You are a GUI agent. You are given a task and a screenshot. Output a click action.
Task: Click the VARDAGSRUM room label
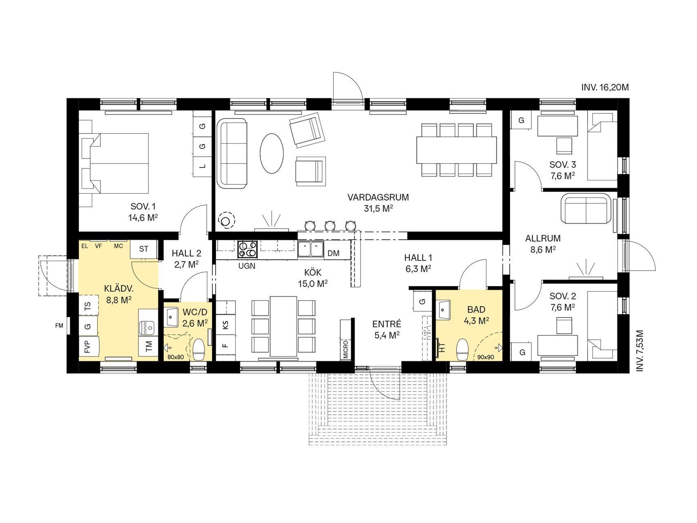coord(378,197)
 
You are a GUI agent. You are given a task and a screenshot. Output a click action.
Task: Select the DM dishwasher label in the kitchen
coord(333,253)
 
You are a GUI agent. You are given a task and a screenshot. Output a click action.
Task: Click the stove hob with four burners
coord(248,250)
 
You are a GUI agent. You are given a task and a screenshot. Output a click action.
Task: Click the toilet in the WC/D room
coord(199,350)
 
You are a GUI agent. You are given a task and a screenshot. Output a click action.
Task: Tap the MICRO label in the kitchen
coord(346,349)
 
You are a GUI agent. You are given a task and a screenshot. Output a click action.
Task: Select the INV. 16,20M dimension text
coord(605,87)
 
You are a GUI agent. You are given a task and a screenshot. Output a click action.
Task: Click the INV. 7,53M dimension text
coord(640,351)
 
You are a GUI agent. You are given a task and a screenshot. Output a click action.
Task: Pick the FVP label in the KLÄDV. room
coord(87,347)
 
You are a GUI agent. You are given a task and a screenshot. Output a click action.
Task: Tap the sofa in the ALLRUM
coord(587,208)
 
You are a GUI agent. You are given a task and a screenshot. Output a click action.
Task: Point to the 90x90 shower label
coord(486,357)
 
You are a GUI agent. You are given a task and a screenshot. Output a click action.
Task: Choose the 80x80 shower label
coord(176,357)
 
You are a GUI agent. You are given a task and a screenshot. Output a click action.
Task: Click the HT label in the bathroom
coord(442,348)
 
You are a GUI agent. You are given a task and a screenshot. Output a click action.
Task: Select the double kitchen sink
coord(311,250)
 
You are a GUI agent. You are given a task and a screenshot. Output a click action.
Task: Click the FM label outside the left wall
coord(60,326)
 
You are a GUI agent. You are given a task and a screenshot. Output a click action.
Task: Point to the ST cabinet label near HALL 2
coord(144,249)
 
